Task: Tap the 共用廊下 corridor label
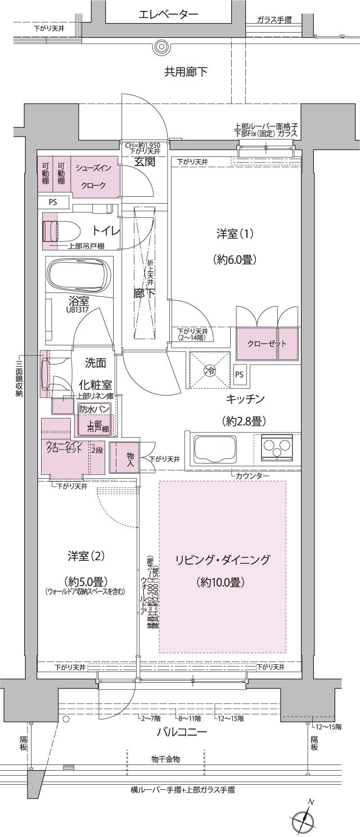pyautogui.click(x=186, y=72)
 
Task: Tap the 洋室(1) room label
pyautogui.click(x=235, y=234)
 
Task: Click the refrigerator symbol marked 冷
pyautogui.click(x=209, y=370)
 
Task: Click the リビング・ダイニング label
pyautogui.click(x=223, y=560)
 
